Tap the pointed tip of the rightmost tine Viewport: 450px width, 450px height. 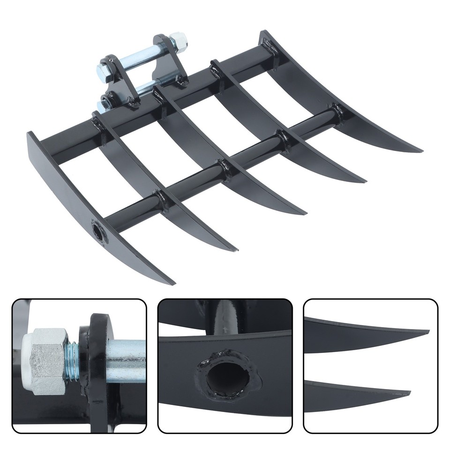click(420, 151)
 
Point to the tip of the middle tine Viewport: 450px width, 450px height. click(305, 214)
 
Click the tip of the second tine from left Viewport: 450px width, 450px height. click(236, 250)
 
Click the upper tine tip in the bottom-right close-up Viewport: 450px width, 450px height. click(427, 332)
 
